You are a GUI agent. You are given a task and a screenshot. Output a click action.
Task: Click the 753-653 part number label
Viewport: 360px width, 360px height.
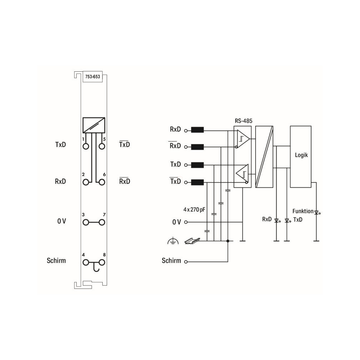click(93, 77)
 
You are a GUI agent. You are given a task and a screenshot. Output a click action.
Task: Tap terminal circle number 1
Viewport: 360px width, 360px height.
click(86, 146)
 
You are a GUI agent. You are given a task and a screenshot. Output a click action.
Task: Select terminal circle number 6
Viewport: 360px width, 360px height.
click(102, 182)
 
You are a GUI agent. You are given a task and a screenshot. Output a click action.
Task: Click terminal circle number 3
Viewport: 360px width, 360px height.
click(86, 222)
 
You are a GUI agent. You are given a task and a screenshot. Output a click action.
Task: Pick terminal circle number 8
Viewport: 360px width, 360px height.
click(102, 262)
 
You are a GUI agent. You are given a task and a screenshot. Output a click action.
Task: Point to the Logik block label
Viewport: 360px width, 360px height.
click(301, 155)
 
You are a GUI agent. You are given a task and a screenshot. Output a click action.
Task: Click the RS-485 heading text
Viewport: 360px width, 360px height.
click(243, 121)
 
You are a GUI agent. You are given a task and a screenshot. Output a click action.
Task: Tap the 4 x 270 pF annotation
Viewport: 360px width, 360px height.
click(194, 210)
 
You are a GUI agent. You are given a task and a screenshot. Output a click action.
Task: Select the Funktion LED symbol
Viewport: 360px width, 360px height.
click(317, 212)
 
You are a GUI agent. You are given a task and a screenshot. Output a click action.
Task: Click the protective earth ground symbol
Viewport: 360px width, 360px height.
click(173, 241)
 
